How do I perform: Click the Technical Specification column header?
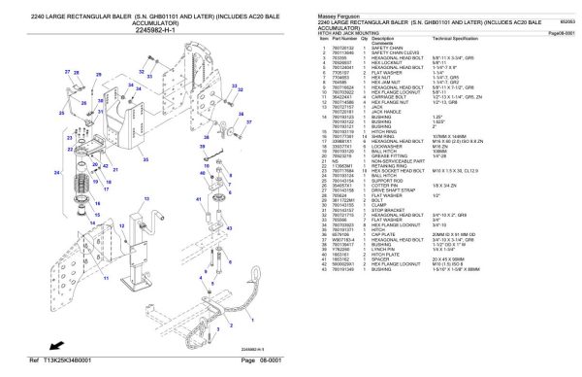456,39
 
